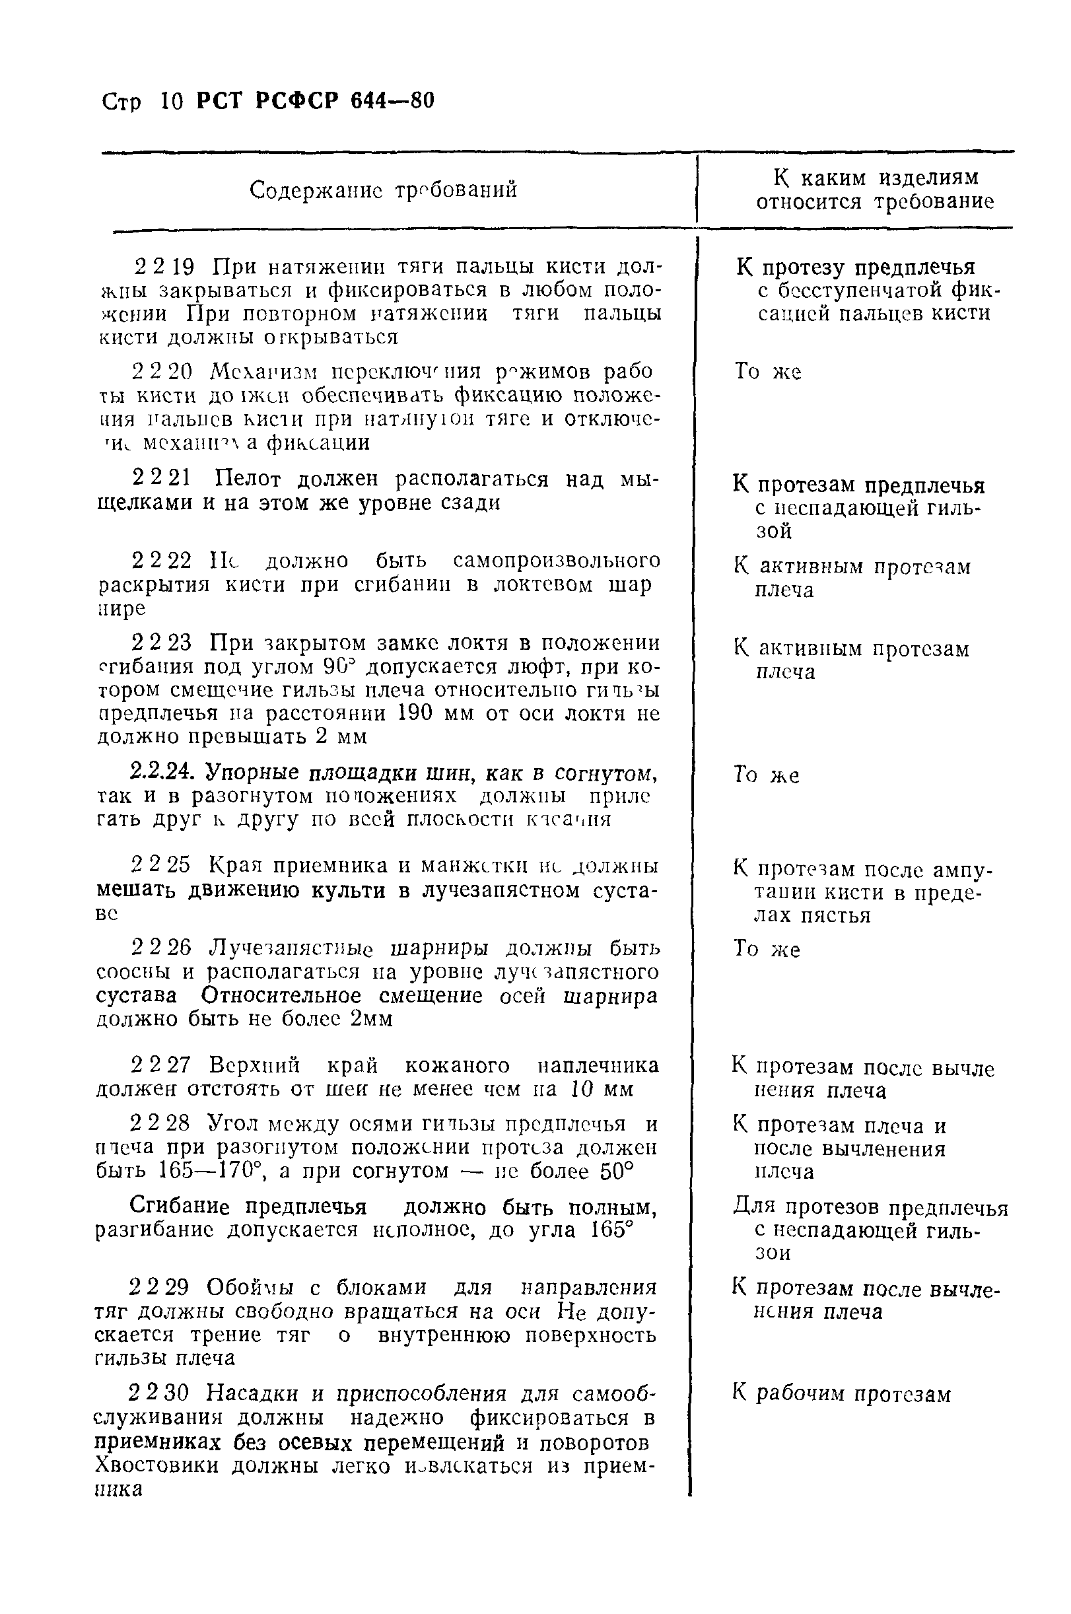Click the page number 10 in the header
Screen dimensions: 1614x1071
[x=172, y=102]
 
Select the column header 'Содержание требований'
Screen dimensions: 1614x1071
[x=383, y=189]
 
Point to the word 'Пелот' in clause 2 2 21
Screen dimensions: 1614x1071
[x=245, y=479]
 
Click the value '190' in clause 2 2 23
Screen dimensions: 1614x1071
[x=413, y=713]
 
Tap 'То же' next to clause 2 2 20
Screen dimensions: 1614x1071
[x=767, y=372]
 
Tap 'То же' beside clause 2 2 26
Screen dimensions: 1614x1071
[x=767, y=950]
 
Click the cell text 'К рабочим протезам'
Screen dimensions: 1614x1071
[x=841, y=1393]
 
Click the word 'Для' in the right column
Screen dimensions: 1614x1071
[x=754, y=1207]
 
